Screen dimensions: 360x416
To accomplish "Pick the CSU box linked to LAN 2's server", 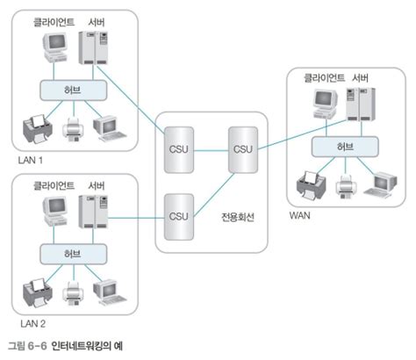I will coord(178,216).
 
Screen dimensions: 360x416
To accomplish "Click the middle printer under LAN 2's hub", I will coord(72,293).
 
